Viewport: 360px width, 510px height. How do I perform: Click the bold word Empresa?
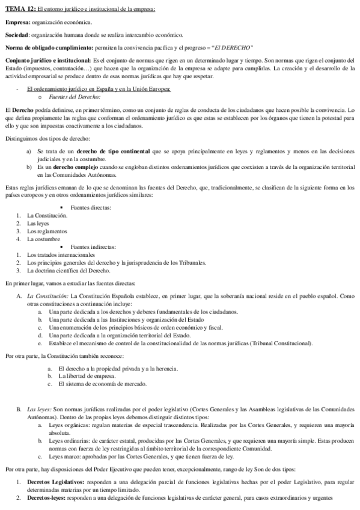tap(17, 22)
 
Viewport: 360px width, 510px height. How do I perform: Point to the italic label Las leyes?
tap(39, 409)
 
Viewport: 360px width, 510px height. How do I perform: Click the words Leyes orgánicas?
tap(69, 425)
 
